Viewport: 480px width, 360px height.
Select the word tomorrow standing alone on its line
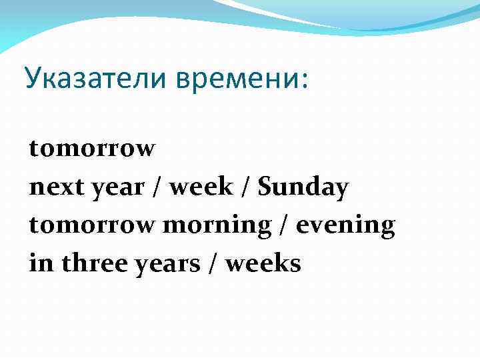[92, 149]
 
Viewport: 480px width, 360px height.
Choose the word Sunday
[303, 188]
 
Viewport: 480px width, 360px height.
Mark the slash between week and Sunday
[245, 188]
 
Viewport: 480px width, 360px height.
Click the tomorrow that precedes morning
[92, 226]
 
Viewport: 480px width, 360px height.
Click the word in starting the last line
[41, 264]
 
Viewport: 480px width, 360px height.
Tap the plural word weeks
[263, 264]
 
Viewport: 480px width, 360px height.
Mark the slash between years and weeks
[211, 264]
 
